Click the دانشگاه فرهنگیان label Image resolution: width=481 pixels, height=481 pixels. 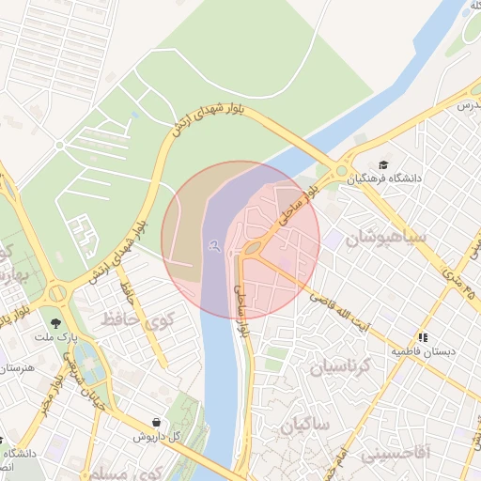389,177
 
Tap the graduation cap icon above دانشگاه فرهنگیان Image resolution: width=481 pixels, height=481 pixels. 383,162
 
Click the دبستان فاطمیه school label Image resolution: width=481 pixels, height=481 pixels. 424,351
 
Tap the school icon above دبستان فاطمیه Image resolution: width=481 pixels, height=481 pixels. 424,336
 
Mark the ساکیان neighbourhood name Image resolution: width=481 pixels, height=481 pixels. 304,427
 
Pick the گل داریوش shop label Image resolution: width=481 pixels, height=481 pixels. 148,436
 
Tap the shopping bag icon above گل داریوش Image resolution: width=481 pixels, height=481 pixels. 154,423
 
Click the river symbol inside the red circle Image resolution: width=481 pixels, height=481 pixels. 215,246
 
